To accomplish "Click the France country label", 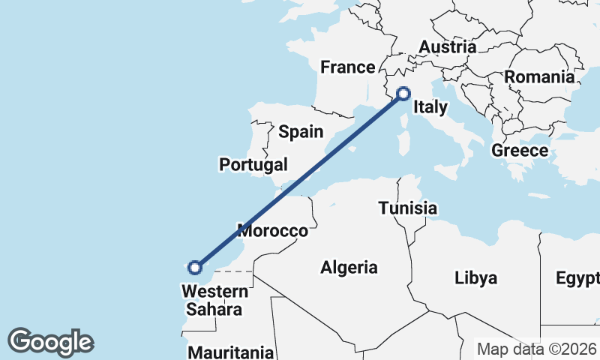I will [x=347, y=67].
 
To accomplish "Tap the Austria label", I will [x=447, y=47].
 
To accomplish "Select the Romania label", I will [x=538, y=76].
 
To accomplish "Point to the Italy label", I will [x=430, y=108].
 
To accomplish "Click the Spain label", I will [x=301, y=133].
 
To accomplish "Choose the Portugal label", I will [x=253, y=164].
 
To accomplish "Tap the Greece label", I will [x=520, y=151].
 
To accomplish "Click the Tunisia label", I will [x=408, y=208].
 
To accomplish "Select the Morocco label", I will [x=272, y=230].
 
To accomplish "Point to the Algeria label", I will [x=349, y=267].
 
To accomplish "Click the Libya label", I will [x=475, y=278].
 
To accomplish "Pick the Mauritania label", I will [x=230, y=352].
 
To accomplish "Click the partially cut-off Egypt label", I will [x=577, y=278].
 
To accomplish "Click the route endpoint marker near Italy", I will [x=403, y=94].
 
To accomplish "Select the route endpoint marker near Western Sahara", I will [x=195, y=267].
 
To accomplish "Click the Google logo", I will [x=50, y=342].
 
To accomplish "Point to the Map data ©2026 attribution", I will [x=537, y=349].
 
